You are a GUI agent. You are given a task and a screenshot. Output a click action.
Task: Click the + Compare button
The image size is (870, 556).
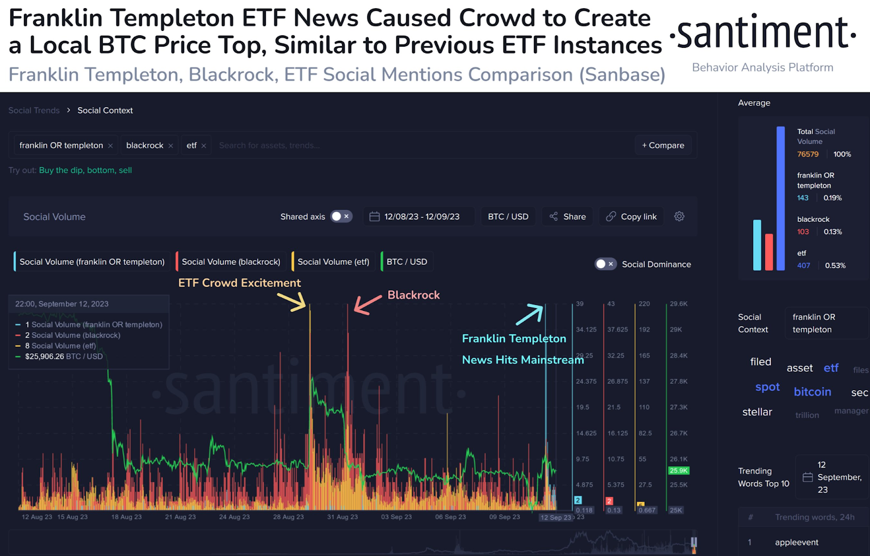(x=663, y=145)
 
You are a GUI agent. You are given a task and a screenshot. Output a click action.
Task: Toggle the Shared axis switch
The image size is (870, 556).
(x=341, y=216)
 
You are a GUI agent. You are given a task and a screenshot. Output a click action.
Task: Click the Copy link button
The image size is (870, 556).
(x=631, y=216)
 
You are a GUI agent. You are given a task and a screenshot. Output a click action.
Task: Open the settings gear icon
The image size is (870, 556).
(x=679, y=216)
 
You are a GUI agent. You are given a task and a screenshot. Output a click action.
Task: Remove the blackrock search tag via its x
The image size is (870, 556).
(x=171, y=146)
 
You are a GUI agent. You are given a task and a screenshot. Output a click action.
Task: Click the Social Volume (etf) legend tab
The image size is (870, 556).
(x=333, y=261)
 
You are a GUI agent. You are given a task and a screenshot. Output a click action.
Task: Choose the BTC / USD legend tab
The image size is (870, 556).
(x=407, y=261)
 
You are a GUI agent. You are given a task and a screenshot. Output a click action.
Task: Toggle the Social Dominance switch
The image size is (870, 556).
(x=605, y=264)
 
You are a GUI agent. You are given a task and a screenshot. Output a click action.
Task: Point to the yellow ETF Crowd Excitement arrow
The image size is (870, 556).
(x=292, y=302)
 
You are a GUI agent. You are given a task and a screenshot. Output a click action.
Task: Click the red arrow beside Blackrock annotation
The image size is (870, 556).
(x=368, y=304)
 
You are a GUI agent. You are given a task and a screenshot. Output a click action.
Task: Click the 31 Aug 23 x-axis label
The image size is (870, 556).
(x=342, y=517)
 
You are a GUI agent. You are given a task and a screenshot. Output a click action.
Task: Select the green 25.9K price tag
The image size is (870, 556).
(x=678, y=471)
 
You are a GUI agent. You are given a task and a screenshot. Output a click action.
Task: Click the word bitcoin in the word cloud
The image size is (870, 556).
(x=812, y=392)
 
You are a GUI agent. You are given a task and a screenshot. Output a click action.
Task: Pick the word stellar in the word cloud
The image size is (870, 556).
(x=757, y=412)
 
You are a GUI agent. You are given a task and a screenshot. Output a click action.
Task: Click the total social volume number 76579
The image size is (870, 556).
(x=807, y=154)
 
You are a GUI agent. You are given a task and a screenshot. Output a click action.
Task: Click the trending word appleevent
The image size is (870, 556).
(x=797, y=542)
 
